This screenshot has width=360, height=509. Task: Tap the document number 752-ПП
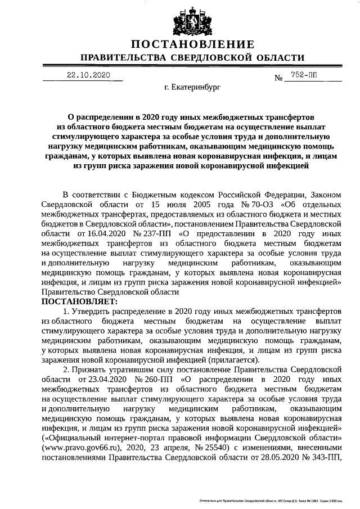point(304,75)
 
